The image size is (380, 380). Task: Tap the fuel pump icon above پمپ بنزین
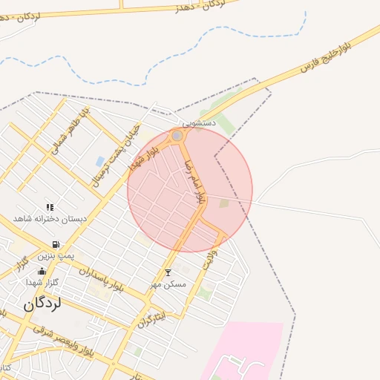(x=55, y=244)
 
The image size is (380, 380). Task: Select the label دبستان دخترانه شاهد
(x=50, y=219)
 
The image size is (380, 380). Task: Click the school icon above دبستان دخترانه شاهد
(x=50, y=207)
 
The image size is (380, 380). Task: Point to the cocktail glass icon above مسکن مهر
(x=168, y=272)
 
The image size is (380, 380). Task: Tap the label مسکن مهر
(x=168, y=284)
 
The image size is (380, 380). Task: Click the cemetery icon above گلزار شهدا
(x=42, y=271)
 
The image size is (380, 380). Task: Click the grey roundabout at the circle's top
(x=177, y=136)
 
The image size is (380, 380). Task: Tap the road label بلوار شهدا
(x=145, y=154)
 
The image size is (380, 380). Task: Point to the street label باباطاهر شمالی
(x=69, y=129)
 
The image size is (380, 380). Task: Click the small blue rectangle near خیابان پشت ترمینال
(x=100, y=161)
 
